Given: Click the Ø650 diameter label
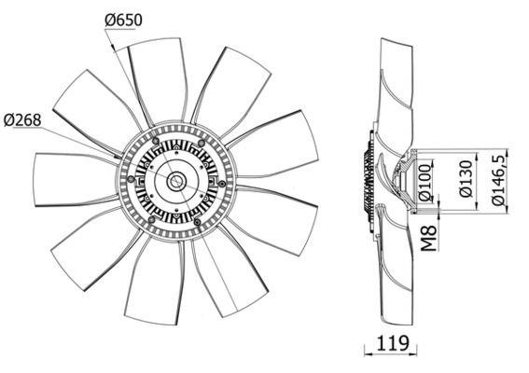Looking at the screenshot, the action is [123, 21].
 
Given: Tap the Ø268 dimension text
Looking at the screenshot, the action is [22, 120].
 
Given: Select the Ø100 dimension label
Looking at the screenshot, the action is [425, 182].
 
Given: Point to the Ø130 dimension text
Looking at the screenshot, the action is [466, 178].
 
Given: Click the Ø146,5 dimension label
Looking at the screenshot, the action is [498, 180].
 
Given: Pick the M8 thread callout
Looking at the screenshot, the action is [429, 239].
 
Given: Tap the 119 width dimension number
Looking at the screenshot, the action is [393, 343].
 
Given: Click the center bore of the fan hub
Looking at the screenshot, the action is [176, 181].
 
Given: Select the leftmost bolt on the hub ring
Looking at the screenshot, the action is [131, 179].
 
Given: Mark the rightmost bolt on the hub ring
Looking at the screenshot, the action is [222, 184].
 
